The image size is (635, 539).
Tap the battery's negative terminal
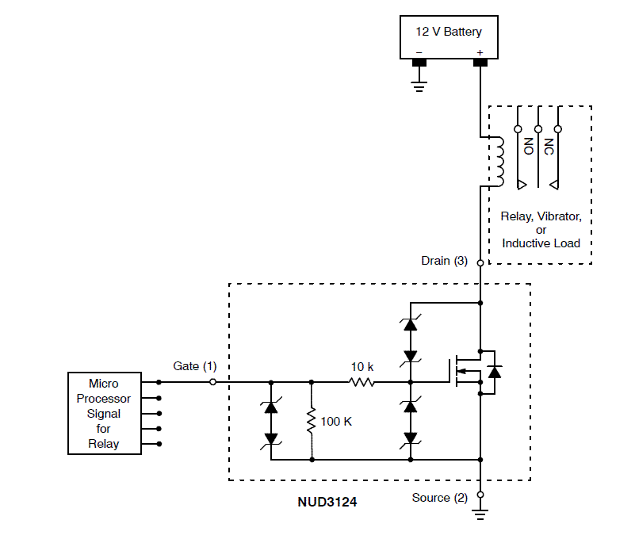[x=419, y=63]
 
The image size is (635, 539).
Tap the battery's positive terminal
[x=480, y=63]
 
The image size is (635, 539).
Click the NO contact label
[x=528, y=146]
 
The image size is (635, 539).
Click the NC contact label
[x=549, y=146]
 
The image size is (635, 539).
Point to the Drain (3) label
[x=445, y=260]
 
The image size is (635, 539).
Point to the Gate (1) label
[x=194, y=365]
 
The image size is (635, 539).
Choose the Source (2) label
[x=440, y=498]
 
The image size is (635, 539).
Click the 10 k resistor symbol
[x=362, y=382]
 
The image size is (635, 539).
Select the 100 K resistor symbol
[x=312, y=420]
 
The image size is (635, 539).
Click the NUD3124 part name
[x=326, y=502]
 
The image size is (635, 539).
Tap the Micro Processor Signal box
[x=104, y=413]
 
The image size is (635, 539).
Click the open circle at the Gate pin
[x=212, y=382]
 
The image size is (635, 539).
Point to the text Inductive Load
[x=541, y=243]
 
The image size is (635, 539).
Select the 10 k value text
[x=362, y=367]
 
